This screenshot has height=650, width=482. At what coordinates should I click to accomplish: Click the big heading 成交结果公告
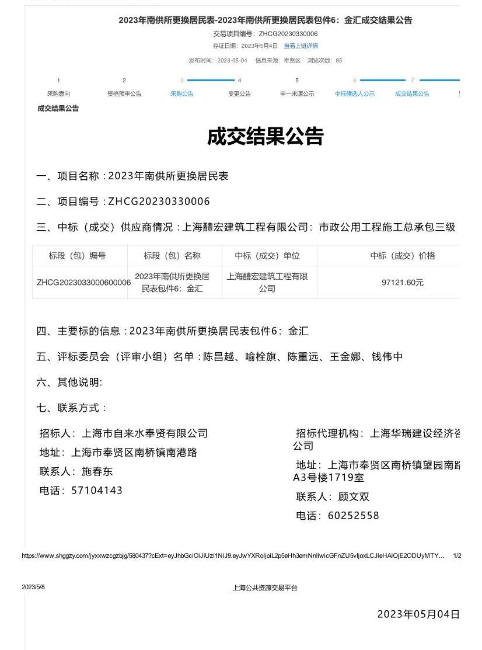click(265, 137)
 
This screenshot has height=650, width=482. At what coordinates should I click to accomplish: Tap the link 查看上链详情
click(301, 46)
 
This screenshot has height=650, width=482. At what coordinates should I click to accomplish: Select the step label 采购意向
click(58, 93)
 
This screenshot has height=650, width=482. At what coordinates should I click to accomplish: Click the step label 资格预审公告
click(124, 93)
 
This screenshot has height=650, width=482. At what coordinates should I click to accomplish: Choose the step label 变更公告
click(239, 93)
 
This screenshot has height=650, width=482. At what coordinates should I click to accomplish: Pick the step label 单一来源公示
click(297, 93)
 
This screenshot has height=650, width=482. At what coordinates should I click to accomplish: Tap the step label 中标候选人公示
click(355, 93)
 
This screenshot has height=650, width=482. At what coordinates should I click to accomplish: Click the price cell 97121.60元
click(403, 283)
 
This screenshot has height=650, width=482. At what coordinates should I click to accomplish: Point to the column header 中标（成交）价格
click(403, 256)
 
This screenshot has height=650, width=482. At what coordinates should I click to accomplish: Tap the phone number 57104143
click(97, 491)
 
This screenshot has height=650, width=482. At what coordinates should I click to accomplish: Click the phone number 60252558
click(354, 516)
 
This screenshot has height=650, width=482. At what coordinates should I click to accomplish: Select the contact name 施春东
click(97, 471)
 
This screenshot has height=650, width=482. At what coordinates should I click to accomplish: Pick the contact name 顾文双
click(354, 497)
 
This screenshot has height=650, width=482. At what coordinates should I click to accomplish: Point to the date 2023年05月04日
click(418, 614)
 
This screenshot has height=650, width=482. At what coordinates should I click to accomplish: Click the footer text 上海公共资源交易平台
click(265, 588)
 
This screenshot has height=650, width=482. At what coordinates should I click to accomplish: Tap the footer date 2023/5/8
click(33, 587)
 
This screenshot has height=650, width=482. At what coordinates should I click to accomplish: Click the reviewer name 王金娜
click(346, 357)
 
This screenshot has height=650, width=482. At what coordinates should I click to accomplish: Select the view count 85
click(339, 61)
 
